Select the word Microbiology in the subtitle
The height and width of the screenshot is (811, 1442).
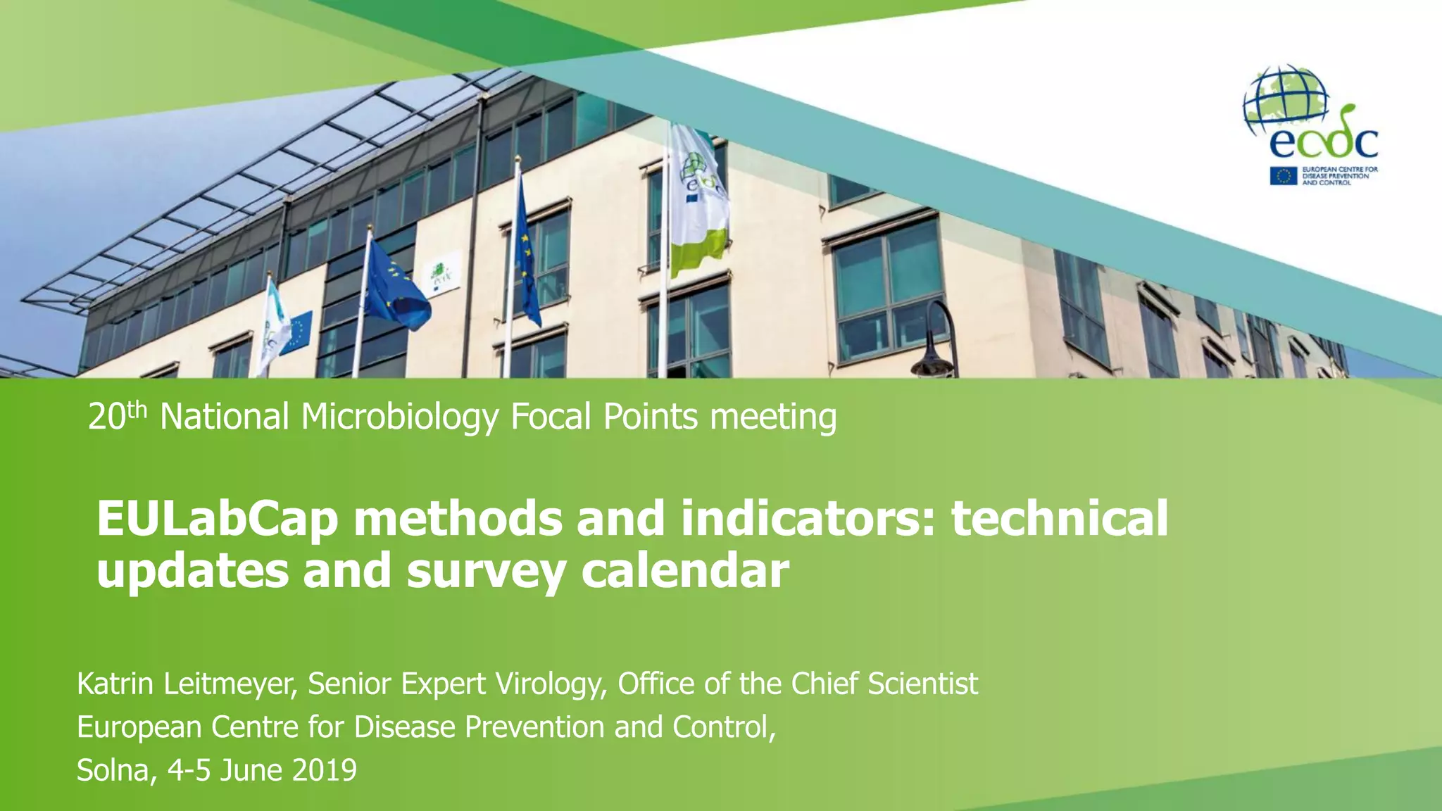tap(400, 417)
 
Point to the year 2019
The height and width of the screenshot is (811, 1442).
tap(324, 770)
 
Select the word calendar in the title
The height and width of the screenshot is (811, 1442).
tap(684, 570)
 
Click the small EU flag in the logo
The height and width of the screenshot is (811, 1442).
tap(1283, 176)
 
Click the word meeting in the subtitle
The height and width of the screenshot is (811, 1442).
tap(772, 417)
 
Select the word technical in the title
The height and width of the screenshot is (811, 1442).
tap(1060, 520)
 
